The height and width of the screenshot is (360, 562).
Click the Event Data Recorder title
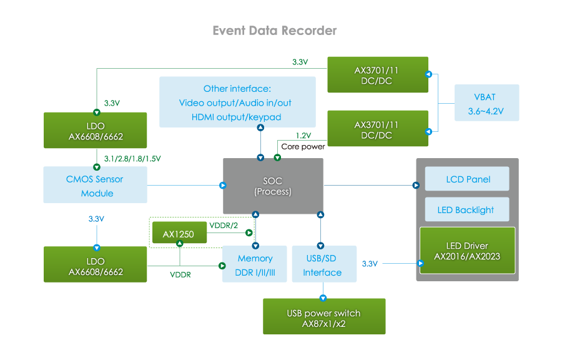click(275, 31)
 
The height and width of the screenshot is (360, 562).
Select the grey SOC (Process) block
click(273, 186)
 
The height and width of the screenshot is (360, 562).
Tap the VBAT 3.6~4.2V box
click(485, 104)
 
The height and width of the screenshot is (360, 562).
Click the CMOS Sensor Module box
click(95, 186)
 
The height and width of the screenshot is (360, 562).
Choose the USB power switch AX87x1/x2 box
click(323, 318)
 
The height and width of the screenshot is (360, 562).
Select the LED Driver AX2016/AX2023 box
click(467, 251)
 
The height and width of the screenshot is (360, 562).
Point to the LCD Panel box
click(468, 179)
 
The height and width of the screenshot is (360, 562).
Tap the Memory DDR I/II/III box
click(255, 265)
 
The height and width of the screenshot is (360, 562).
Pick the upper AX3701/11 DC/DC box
click(377, 75)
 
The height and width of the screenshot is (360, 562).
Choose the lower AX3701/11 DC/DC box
click(377, 129)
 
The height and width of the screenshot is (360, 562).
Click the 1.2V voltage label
click(304, 136)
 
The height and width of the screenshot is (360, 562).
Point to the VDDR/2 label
click(224, 225)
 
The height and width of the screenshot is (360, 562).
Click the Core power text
click(302, 147)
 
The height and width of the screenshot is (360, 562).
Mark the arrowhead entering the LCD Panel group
click(416, 185)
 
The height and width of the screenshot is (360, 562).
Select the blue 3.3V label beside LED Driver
click(370, 264)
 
